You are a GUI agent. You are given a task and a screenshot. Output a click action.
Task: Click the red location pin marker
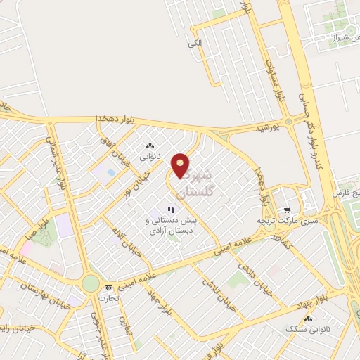[x=181, y=165]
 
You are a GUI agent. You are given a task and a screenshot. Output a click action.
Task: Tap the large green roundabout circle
[x=91, y=283]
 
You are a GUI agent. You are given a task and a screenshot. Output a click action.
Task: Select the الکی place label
[x=195, y=44]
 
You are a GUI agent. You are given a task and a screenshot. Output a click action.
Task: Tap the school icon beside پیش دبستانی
[x=169, y=210]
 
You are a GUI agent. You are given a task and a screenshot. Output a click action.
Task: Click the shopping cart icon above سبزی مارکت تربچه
[x=285, y=210]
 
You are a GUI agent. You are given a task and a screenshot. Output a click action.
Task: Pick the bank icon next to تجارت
[x=108, y=288]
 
